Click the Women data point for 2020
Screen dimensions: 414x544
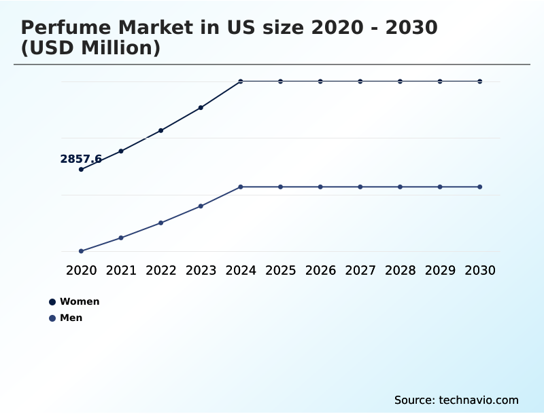click(x=81, y=169)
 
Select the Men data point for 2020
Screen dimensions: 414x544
click(x=81, y=251)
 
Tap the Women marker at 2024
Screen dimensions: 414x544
click(x=241, y=81)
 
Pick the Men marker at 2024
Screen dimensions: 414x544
click(x=241, y=187)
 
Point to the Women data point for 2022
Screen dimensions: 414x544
click(x=160, y=130)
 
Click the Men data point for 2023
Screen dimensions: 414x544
click(x=201, y=206)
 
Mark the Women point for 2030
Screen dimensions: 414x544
click(x=480, y=81)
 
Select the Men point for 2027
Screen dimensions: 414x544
click(x=360, y=187)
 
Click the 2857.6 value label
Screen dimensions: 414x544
click(x=81, y=159)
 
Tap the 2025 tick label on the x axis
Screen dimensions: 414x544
click(x=280, y=270)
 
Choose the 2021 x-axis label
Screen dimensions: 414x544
click(x=121, y=270)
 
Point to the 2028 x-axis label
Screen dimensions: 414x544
click(x=400, y=270)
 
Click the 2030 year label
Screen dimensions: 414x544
click(x=480, y=270)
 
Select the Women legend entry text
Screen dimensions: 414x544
click(x=80, y=301)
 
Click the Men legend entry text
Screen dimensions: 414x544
click(x=71, y=318)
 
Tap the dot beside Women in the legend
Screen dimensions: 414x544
click(x=52, y=302)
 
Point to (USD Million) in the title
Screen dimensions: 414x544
click(x=90, y=48)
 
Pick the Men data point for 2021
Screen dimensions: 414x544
click(x=121, y=238)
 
